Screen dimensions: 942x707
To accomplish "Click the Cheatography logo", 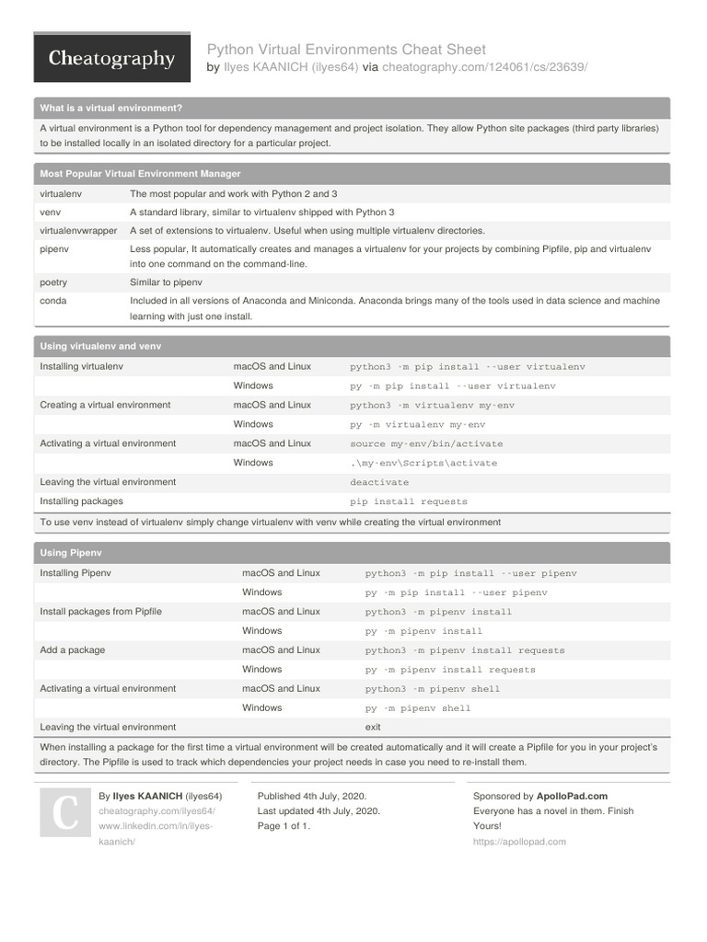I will point(111,59).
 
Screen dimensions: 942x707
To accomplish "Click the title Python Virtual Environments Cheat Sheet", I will point(346,49).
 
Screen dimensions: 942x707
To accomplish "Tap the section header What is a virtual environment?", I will point(111,108).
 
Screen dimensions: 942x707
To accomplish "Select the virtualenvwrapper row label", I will point(78,231).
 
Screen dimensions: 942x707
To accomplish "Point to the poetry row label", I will point(53,282).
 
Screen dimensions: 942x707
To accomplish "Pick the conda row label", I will point(53,300).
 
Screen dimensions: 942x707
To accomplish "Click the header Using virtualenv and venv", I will point(100,347).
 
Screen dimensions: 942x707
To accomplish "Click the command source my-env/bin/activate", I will point(426,443).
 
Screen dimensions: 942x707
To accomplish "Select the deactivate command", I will point(379,482).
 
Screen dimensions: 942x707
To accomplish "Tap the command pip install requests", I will point(409,501).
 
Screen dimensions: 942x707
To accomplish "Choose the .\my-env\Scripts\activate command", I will point(423,463).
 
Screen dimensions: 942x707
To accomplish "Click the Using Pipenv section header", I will point(71,553).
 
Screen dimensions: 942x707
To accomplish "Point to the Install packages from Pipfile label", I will point(101,612).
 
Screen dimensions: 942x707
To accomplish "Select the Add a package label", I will point(73,650).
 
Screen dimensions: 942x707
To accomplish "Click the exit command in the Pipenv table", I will point(373,727).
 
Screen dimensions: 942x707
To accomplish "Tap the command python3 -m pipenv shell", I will point(433,689).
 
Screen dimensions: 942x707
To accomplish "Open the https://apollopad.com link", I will point(519,842).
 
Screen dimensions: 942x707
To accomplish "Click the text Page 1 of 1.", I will point(284,826).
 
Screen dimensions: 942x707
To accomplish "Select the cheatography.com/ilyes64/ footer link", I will point(156,811).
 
